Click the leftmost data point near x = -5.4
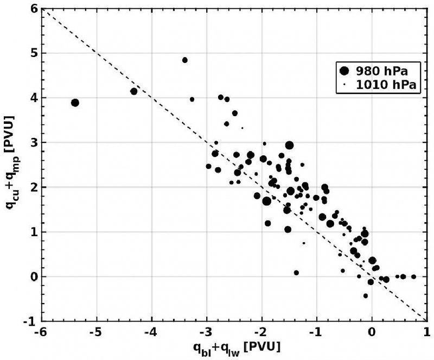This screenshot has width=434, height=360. click(75, 103)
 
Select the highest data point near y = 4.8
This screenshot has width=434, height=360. click(184, 60)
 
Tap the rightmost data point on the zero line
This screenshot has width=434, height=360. click(413, 276)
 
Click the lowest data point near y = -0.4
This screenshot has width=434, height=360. click(366, 296)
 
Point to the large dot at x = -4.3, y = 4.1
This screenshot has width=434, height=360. click(134, 91)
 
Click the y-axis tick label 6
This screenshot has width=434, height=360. click(33, 9)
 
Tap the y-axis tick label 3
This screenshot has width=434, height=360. click(33, 143)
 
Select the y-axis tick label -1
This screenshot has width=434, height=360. click(31, 321)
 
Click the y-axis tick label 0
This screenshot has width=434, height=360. click(33, 277)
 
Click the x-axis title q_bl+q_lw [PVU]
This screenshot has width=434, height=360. click(234, 348)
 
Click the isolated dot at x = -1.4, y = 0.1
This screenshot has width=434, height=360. click(296, 273)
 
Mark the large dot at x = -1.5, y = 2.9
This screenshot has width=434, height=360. click(289, 146)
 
